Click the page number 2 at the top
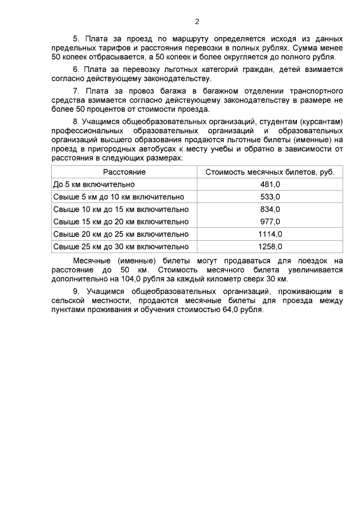point(197,22)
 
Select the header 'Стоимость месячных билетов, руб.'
point(270,172)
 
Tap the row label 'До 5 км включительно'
point(93,184)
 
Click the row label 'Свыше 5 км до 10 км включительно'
point(118,197)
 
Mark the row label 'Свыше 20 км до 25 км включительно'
point(120,234)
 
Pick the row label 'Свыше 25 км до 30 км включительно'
point(120,246)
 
